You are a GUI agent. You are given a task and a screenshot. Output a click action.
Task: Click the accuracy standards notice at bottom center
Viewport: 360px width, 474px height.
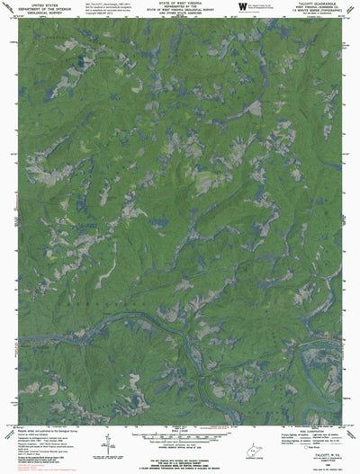tap(180, 455)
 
